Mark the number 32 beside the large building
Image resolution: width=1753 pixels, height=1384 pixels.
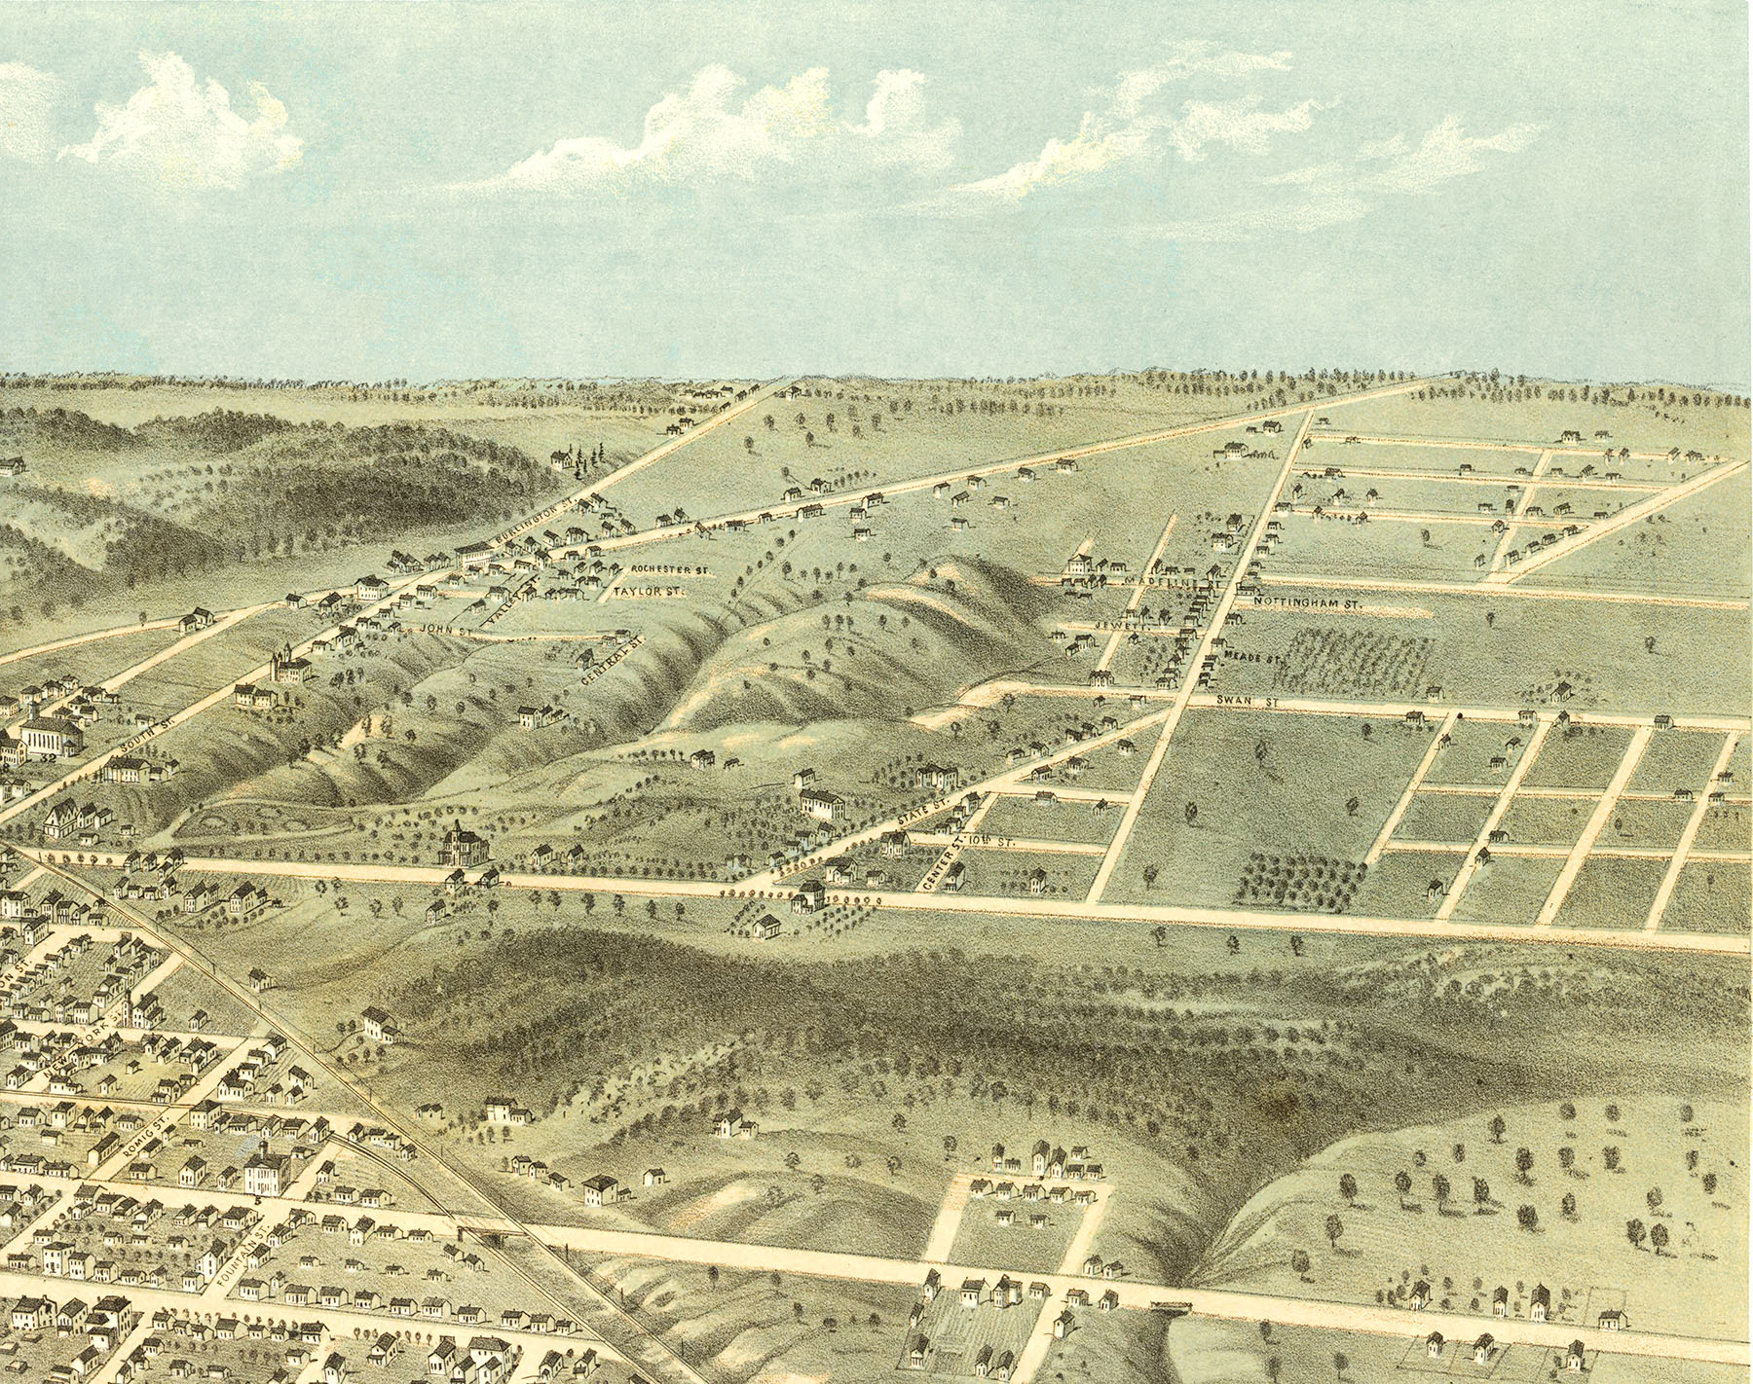point(45,759)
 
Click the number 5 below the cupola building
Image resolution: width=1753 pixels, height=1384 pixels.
point(257,1203)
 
